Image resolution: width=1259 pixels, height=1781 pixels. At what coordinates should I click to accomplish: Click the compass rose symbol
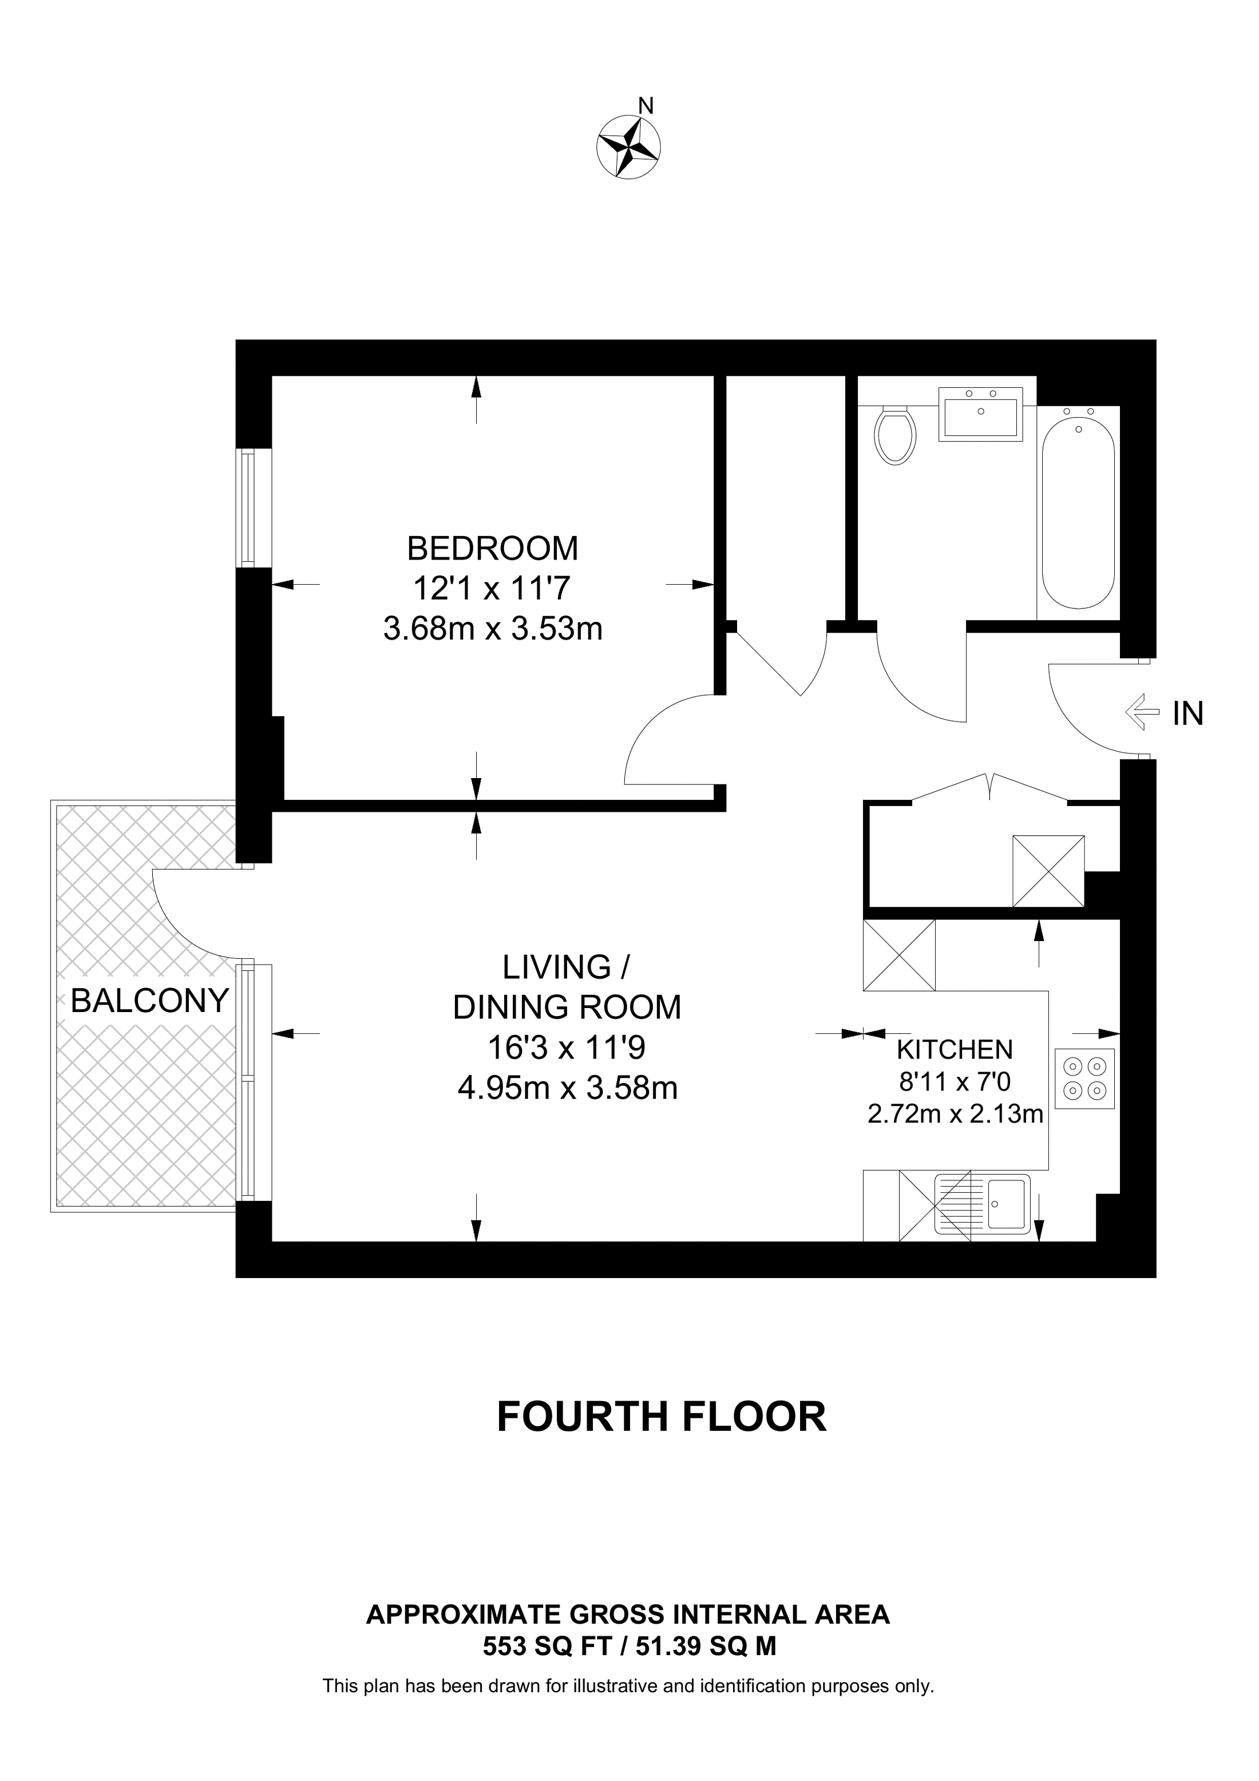pos(628,146)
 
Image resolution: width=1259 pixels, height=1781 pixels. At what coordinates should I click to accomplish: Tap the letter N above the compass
pos(646,105)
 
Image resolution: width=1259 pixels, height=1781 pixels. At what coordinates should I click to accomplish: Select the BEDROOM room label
pos(493,549)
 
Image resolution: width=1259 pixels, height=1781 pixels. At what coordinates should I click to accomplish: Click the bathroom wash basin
pos(980,415)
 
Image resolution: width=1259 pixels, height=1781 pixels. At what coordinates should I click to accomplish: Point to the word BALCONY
pos(150,1001)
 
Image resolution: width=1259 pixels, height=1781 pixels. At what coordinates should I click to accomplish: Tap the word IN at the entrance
pos(1187,713)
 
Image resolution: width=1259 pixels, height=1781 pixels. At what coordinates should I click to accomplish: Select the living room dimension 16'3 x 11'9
pos(567,1048)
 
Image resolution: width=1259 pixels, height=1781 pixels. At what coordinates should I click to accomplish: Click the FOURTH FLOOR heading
pos(661,1417)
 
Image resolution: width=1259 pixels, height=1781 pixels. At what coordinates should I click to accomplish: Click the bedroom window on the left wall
pos(247,508)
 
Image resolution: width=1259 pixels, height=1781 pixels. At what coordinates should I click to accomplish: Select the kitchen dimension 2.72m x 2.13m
pos(955,1114)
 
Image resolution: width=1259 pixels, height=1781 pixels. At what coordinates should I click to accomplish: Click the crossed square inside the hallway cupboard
pos(1048,871)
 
